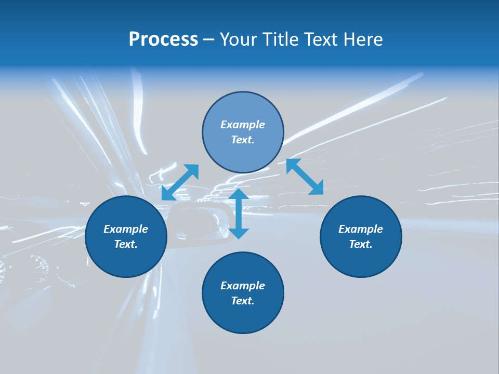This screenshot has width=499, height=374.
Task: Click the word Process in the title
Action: [x=163, y=39]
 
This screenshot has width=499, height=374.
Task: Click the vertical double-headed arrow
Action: [x=239, y=214]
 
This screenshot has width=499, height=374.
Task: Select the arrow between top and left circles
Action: [x=180, y=182]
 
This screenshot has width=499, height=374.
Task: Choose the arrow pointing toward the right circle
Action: [x=305, y=177]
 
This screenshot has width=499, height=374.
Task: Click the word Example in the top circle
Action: [x=243, y=125]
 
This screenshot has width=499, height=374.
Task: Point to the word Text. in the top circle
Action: [x=243, y=140]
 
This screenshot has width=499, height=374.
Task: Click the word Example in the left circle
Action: [x=126, y=229]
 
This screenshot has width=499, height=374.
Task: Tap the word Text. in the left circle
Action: [x=126, y=244]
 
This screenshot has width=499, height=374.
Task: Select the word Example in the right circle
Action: [x=361, y=229]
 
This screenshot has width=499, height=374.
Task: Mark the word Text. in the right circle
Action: [x=361, y=244]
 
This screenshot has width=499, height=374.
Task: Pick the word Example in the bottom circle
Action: [x=243, y=286]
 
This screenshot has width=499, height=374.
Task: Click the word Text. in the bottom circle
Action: [x=243, y=301]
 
